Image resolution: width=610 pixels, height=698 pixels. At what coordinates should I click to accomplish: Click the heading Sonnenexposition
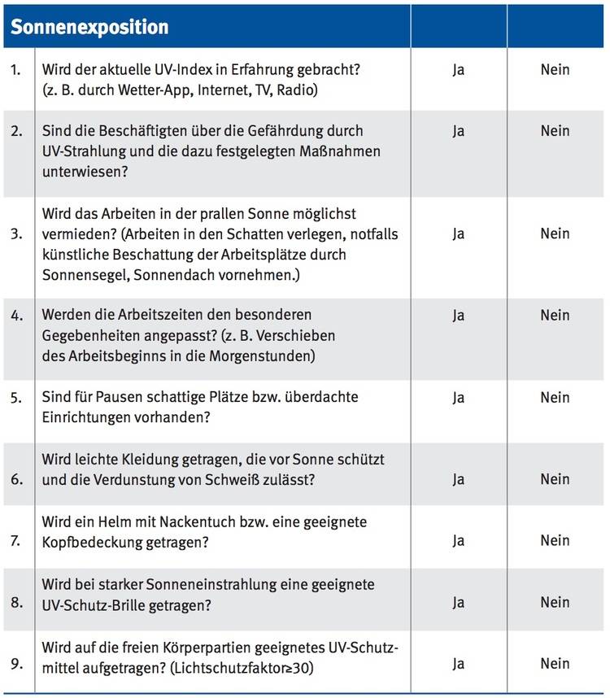[89, 27]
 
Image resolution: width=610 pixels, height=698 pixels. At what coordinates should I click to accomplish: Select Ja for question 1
[458, 70]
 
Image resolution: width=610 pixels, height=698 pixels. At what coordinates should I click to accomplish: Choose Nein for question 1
[555, 70]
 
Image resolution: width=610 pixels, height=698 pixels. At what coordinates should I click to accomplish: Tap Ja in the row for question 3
[458, 234]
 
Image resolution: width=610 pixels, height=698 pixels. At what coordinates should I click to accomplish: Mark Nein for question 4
[555, 315]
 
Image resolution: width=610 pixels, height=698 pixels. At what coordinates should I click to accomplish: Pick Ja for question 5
[458, 397]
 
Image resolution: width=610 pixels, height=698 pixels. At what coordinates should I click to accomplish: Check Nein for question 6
[555, 479]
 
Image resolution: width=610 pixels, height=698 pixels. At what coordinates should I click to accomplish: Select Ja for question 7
[458, 540]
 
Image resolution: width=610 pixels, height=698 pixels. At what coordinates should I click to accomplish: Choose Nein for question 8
[555, 602]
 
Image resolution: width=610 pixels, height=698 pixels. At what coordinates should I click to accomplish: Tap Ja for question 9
[458, 664]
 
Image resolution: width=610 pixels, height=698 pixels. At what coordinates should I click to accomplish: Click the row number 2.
[16, 131]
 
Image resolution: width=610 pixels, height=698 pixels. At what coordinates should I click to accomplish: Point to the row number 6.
[16, 479]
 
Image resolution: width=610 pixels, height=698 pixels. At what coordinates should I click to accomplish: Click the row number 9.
[16, 664]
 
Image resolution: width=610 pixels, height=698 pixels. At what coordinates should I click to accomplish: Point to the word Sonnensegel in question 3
[80, 275]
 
